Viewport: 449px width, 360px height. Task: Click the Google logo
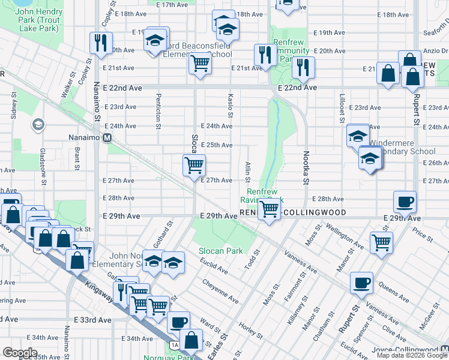pos(20,353)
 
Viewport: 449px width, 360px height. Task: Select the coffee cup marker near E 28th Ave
pos(405,202)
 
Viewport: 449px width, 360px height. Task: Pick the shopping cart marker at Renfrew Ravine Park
pos(270,209)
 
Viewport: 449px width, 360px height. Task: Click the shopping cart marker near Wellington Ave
pos(381,242)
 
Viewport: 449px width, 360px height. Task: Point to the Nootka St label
pos(305,167)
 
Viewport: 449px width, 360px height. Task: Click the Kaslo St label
pos(231,106)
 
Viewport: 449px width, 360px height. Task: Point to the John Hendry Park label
pos(40,19)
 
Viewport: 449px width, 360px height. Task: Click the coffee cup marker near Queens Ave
pos(361,283)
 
